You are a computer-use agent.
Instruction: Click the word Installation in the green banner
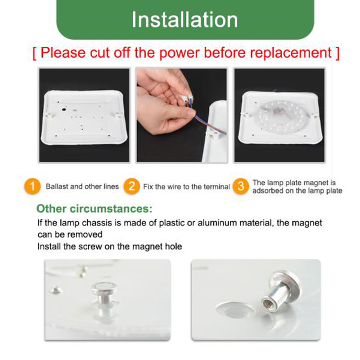(184, 20)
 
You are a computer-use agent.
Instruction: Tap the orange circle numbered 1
(32, 186)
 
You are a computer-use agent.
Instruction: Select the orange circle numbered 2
(131, 186)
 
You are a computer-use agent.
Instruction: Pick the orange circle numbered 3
(241, 186)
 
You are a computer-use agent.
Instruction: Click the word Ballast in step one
(57, 186)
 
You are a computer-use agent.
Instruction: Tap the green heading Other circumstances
(94, 209)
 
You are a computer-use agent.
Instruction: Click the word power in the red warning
(179, 53)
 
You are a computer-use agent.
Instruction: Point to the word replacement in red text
(291, 53)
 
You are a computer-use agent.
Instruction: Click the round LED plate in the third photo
(280, 117)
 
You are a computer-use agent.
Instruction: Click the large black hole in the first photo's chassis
(64, 109)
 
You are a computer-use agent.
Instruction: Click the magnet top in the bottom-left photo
(104, 287)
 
